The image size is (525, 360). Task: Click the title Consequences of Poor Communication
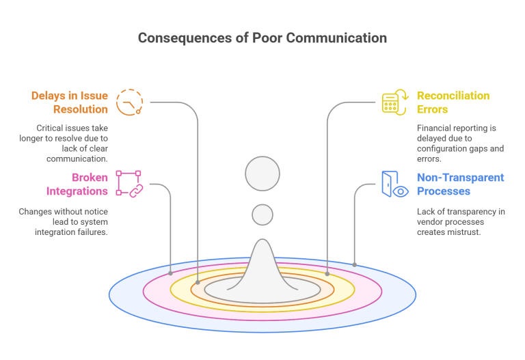pyautogui.click(x=262, y=38)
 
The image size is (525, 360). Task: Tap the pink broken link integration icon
pyautogui.click(x=128, y=184)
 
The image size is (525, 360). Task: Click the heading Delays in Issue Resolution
pyautogui.click(x=70, y=102)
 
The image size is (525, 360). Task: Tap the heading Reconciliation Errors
pyautogui.click(x=453, y=102)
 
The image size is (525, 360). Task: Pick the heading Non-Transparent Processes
pyautogui.click(x=460, y=184)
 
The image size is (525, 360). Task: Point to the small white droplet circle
pyautogui.click(x=262, y=214)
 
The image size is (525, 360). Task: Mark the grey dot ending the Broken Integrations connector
pyautogui.click(x=171, y=273)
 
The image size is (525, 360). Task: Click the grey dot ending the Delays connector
pyautogui.click(x=198, y=282)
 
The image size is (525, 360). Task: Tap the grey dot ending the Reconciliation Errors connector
pyautogui.click(x=327, y=273)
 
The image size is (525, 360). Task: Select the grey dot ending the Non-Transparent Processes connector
pyautogui.click(x=355, y=264)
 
